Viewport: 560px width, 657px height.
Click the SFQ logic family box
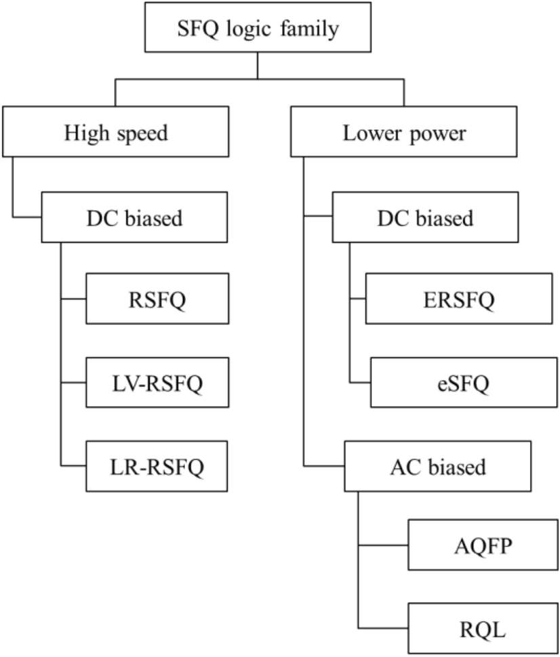(x=257, y=27)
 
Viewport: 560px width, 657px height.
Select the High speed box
(x=115, y=133)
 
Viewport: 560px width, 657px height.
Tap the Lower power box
(x=404, y=133)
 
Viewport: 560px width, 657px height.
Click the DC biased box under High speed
(x=134, y=218)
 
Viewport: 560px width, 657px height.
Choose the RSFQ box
(x=157, y=299)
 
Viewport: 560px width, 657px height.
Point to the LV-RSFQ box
(x=157, y=383)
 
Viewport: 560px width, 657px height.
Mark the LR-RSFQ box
(x=157, y=466)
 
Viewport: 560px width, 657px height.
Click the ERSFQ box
(x=458, y=299)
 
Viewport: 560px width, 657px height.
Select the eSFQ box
(x=458, y=383)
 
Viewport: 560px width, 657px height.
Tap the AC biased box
(x=437, y=466)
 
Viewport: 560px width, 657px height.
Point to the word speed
(x=142, y=134)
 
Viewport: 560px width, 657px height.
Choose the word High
(x=86, y=133)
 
